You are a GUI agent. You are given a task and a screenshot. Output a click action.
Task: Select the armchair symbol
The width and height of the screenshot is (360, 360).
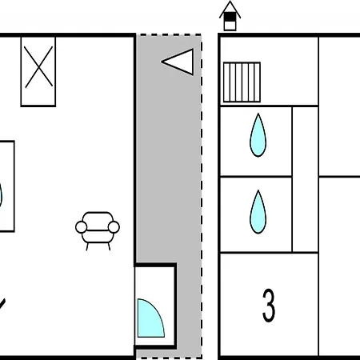click(x=98, y=231)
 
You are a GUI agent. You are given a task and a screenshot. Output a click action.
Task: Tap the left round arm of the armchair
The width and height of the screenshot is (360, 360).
click(x=82, y=227)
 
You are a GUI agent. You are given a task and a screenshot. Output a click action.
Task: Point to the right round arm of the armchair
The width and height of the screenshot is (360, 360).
click(x=114, y=227)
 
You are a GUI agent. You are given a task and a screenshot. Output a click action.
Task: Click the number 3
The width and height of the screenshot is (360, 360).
click(x=269, y=306)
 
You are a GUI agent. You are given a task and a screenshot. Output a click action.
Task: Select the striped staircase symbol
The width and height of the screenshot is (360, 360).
click(x=242, y=82)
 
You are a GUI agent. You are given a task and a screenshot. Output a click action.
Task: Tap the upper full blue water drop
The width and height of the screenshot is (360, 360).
click(x=258, y=135)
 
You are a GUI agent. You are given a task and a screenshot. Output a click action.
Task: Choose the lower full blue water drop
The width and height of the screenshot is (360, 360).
click(x=258, y=212)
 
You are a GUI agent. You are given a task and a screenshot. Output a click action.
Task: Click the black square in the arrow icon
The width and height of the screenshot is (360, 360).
click(x=230, y=17)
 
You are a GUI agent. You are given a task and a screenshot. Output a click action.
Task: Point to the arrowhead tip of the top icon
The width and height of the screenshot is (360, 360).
click(x=230, y=1)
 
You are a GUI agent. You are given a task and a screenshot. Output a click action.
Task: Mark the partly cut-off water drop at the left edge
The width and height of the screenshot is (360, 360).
click(x=1, y=195)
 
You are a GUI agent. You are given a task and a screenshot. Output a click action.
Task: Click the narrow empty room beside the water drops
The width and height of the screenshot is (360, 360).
click(x=306, y=179)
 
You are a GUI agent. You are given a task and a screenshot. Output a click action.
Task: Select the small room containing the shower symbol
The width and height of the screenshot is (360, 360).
click(x=155, y=306)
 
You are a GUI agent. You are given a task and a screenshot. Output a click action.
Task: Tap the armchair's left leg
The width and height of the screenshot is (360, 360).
click(x=87, y=246)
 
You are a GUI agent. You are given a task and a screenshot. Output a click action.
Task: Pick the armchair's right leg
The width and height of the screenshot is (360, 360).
click(x=109, y=246)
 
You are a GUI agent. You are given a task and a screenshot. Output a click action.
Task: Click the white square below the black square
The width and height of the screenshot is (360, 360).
click(x=230, y=26)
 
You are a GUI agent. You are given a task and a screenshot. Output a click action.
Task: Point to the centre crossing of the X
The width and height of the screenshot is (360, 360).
click(x=38, y=67)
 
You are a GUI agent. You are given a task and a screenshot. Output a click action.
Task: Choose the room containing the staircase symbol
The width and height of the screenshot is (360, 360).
click(x=269, y=71)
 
